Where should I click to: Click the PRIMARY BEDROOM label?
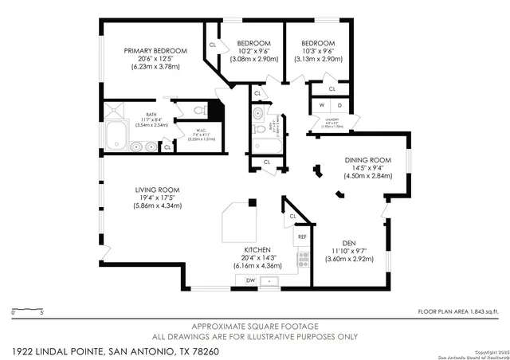[155, 51]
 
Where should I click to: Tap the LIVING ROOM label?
[157, 190]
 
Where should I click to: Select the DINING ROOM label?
[367, 160]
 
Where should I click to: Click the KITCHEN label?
[257, 249]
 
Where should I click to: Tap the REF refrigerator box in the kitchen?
[303, 237]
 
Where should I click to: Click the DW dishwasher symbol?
[250, 280]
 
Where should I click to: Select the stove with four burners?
[303, 259]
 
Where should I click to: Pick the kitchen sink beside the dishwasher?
[271, 280]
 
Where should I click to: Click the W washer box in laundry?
[322, 105]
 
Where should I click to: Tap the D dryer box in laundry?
[339, 105]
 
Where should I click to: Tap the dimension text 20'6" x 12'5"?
[155, 60]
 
